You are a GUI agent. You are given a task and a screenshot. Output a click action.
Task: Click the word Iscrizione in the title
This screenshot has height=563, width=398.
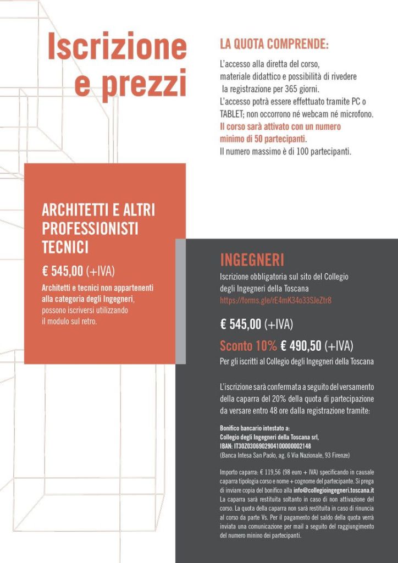[117, 47]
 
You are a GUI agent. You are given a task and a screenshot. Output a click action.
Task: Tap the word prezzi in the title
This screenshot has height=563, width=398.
[143, 84]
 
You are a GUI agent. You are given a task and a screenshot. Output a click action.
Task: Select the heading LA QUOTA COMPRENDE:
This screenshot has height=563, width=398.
[274, 44]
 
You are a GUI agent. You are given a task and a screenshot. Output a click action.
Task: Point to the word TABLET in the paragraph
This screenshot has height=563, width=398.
[234, 114]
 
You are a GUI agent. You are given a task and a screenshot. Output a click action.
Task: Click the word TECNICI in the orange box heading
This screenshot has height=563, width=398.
[65, 247]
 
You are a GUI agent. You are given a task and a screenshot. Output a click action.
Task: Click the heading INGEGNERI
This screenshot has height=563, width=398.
[252, 260]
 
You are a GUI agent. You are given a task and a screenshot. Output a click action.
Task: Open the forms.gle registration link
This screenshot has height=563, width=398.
[275, 300]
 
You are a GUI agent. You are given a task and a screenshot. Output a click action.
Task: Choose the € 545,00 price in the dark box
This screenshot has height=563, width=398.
[241, 324]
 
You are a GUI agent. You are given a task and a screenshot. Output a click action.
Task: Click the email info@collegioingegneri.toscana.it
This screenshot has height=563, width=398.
[327, 490]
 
